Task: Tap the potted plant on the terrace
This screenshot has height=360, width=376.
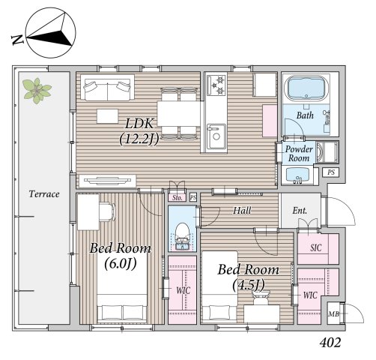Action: point(37,91)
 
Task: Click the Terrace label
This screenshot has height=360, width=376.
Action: point(44,194)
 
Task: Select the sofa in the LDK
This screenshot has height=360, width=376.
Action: point(107,89)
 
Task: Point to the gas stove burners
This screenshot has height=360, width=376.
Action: point(216,85)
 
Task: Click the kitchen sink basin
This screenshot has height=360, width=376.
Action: point(216,136)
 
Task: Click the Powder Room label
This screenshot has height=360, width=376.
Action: point(299,154)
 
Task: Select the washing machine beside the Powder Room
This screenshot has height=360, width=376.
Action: point(327,152)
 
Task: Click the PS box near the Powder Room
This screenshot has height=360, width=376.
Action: point(331,172)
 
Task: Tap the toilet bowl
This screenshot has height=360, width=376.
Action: point(182,232)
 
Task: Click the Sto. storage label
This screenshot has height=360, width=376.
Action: point(178,198)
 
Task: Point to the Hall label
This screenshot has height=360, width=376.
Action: point(242,211)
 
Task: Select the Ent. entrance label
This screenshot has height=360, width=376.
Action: point(300,211)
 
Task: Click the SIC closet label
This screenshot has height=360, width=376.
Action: point(316,247)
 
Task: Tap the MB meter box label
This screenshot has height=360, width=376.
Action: point(333,313)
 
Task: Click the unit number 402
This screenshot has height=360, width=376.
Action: point(330,343)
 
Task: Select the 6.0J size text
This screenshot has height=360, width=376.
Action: point(121,263)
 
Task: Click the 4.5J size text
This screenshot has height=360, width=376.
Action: point(249,285)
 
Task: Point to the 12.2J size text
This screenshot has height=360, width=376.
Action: point(139,139)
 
